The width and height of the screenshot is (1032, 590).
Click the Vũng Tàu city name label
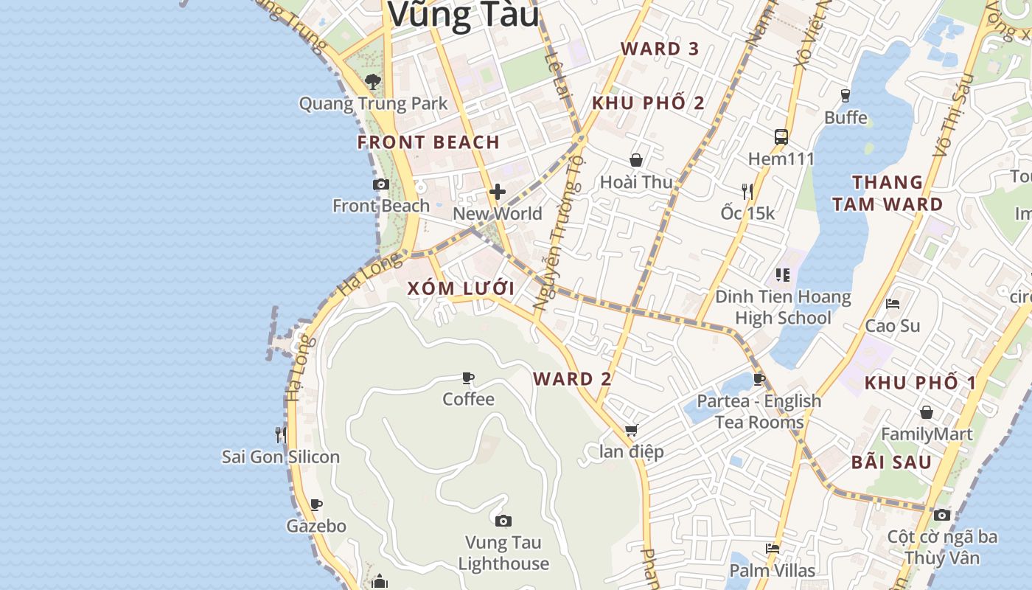pos(464,15)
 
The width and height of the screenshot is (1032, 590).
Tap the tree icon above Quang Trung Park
pos(373,82)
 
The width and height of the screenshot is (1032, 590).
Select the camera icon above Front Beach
pos(381,184)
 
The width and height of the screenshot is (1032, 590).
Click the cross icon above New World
pos(498,192)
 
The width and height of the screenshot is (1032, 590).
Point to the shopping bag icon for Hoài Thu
pos(636,160)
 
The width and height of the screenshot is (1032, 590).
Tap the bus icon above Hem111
pos(781,137)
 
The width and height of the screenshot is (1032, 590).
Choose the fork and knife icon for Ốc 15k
pos(747,192)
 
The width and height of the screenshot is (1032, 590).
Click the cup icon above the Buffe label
pos(846,96)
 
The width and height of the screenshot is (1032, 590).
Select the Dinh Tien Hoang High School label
pos(783,308)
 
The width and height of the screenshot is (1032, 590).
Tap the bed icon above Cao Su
pos(893,304)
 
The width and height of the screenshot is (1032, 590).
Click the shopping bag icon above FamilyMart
pos(927,412)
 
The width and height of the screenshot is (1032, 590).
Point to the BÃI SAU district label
pos(891,463)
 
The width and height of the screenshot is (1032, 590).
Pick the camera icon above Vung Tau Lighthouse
pos(503,521)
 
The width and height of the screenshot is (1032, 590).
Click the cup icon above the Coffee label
pos(468,378)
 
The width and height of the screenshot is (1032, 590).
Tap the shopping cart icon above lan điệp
pos(631,430)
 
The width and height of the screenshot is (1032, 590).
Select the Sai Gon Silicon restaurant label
pos(281,457)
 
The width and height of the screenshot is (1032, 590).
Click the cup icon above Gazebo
pos(316,505)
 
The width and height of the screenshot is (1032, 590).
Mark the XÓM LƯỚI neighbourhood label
pos(460,288)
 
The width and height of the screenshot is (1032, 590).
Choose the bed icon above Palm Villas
pos(773,549)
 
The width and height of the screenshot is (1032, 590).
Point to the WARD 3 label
pos(660,49)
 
